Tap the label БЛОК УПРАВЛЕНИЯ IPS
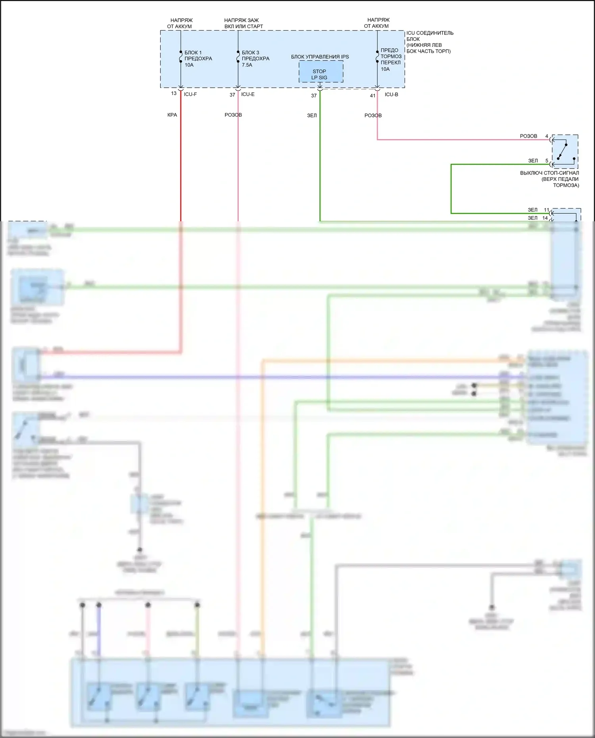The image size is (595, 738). coord(320,57)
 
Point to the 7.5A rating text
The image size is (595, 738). coord(247,65)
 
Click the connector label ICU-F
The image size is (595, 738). coord(190,94)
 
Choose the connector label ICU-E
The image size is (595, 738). coord(248,94)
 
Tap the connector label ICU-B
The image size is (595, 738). coord(391,94)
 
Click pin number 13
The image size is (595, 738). coord(174,94)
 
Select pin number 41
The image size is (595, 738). coord(372,96)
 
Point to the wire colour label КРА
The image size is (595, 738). coord(172,115)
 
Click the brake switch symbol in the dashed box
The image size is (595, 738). coord(565,151)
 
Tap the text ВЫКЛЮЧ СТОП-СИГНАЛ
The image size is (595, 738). coord(549,173)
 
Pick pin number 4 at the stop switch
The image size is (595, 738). coord(547,136)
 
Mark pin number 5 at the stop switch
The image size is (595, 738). coord(547,161)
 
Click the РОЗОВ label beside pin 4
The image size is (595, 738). coord(528,136)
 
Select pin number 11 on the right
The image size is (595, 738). coord(546,210)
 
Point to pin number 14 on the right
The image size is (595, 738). coord(545,218)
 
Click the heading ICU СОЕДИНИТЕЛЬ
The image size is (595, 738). coord(430,33)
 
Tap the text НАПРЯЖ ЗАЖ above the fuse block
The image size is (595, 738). coord(241,20)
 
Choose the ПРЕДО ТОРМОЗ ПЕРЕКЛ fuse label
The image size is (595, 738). coord(391,56)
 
